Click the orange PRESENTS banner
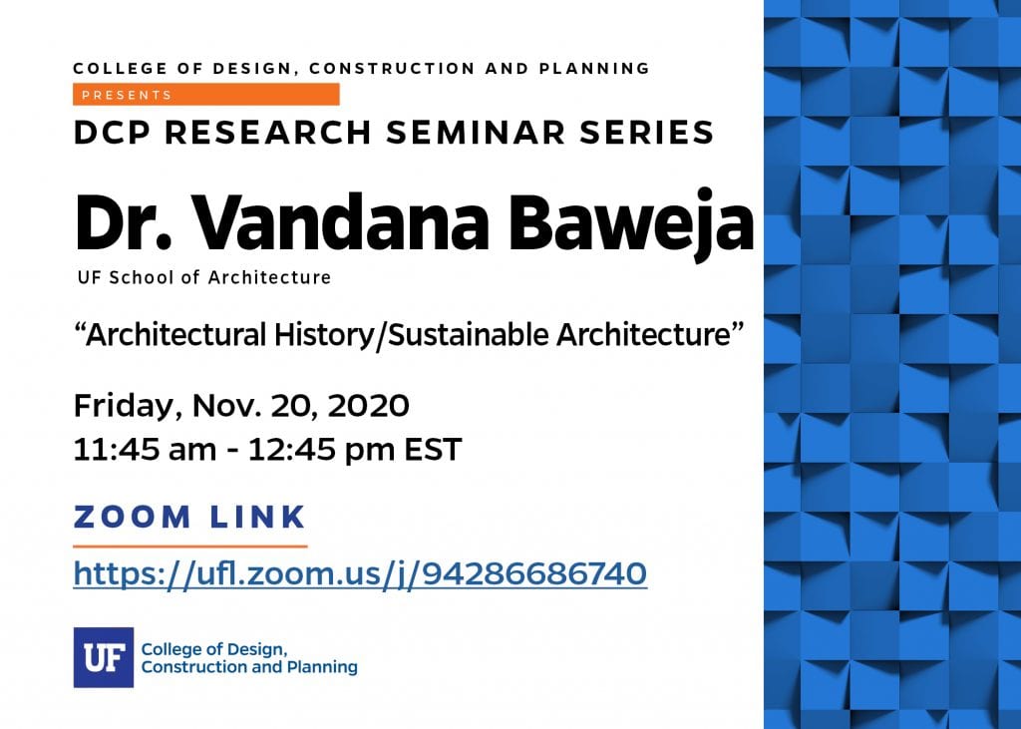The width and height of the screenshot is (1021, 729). point(205,95)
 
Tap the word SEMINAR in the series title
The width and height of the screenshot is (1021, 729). point(476,133)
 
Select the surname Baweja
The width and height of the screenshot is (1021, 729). point(631,221)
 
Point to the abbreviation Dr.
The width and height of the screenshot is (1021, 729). point(123,221)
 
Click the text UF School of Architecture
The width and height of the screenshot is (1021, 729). point(204,277)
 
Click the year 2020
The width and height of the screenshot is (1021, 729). point(369,405)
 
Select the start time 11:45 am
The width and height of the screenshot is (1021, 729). point(145,450)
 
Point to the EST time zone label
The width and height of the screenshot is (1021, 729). point(433,450)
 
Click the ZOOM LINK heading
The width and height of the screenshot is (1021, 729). point(189,517)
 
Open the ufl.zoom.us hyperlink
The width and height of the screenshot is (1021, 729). point(360,574)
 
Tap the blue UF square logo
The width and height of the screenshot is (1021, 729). point(104,657)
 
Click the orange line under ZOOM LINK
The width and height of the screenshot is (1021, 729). point(190,546)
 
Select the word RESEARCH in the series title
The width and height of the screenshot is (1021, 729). point(267,133)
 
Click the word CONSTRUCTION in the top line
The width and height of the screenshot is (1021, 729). point(392,69)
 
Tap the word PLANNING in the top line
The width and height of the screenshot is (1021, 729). point(594,69)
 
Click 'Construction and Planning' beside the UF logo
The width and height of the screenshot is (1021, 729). point(249,667)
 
